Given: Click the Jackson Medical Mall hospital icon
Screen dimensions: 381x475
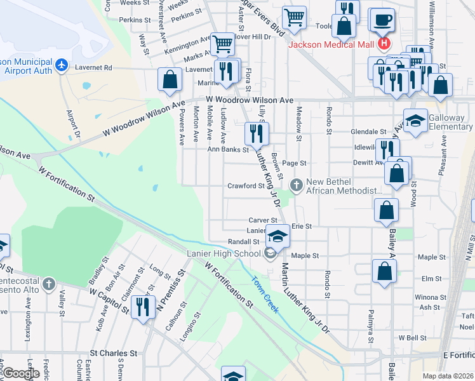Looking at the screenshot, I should pos(384,44).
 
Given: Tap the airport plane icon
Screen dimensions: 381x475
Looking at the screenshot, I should pos(62,65).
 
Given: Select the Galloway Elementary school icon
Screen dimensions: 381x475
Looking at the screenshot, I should pos(415,120).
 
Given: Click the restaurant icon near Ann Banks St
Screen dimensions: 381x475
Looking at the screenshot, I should pos(257,134).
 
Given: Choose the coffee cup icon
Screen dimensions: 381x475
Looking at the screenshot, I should pos(382,20).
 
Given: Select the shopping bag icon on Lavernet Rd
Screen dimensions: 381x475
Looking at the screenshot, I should pos(170,80).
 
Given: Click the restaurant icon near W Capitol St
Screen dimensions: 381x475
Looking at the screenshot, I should pos(143,307).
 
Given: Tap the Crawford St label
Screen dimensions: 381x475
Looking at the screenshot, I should pos(246,186).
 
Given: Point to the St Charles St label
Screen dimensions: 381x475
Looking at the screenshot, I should pos(114,353).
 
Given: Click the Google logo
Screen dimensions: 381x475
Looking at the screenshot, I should pos(21,374).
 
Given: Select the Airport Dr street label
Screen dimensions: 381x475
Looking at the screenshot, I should pos(73,126).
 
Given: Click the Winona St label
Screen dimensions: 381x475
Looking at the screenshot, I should pos(431,297).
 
